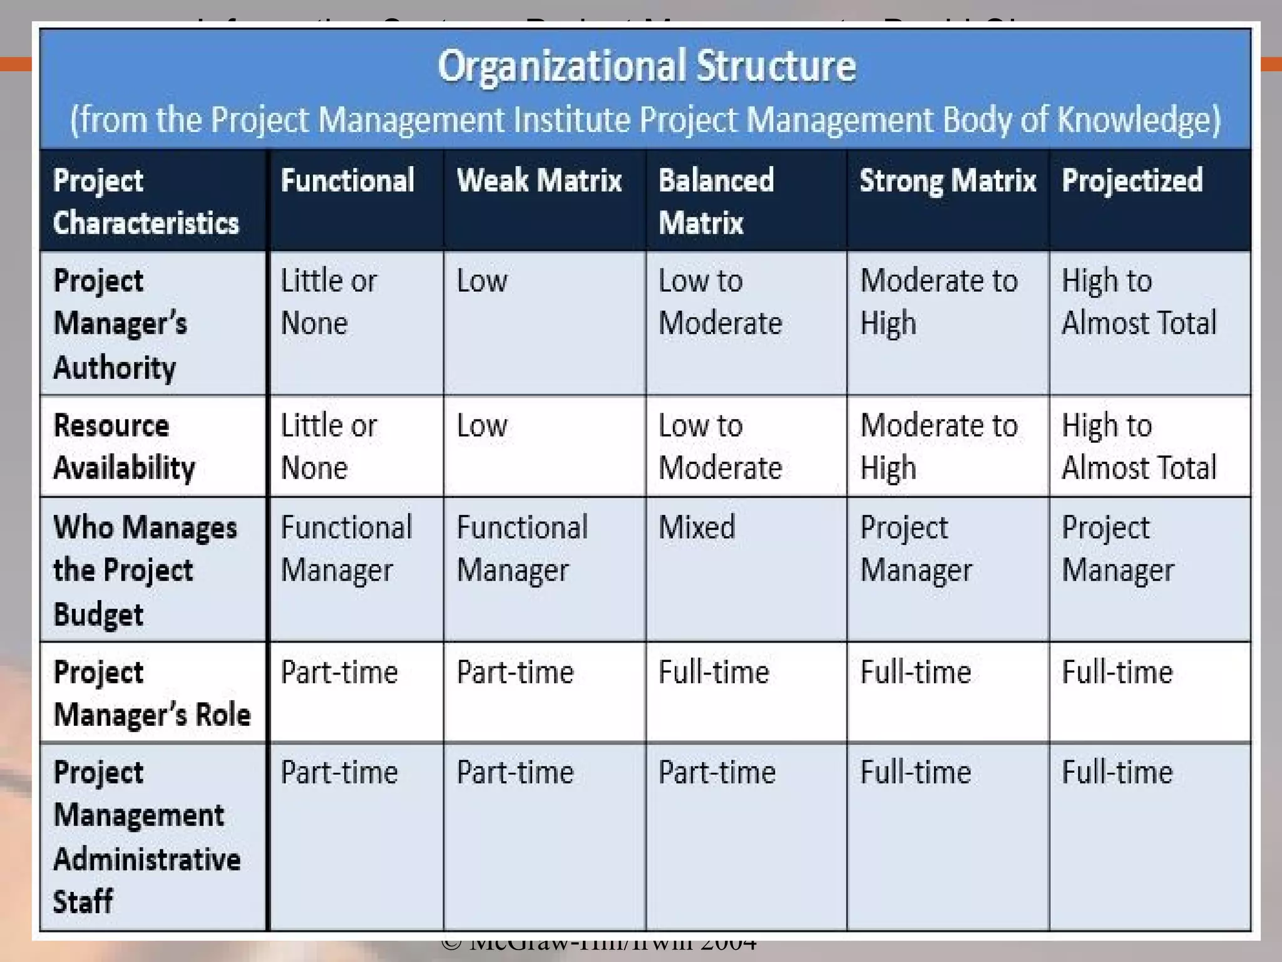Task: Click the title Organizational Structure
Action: pyautogui.click(x=646, y=66)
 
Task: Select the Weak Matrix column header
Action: pyautogui.click(x=539, y=180)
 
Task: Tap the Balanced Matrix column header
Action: pyautogui.click(x=716, y=201)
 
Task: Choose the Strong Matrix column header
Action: pyautogui.click(x=948, y=180)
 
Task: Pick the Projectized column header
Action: pyautogui.click(x=1132, y=180)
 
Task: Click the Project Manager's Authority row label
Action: pyautogui.click(x=120, y=323)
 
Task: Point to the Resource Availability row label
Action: pyautogui.click(x=124, y=447)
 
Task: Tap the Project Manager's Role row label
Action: pyautogui.click(x=152, y=693)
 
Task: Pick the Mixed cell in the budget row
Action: pyautogui.click(x=697, y=527)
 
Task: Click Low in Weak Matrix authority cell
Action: pyautogui.click(x=481, y=281)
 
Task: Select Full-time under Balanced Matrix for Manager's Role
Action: pyautogui.click(x=714, y=672)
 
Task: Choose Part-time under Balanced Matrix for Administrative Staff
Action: pyautogui.click(x=717, y=772)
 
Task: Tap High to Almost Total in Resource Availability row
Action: pyautogui.click(x=1139, y=447)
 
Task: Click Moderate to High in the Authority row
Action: pyautogui.click(x=939, y=302)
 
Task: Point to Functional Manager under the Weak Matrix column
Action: pyautogui.click(x=522, y=549)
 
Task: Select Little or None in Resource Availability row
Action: pyautogui.click(x=329, y=447)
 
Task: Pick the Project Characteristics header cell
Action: pyautogui.click(x=146, y=201)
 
